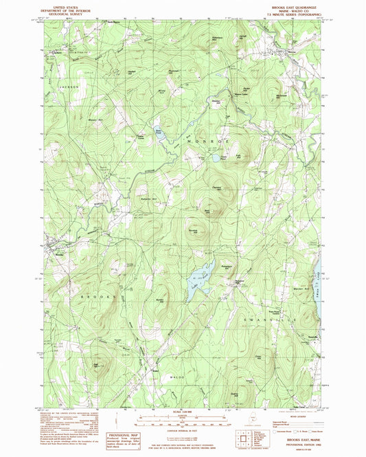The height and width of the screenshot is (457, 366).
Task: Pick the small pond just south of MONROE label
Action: coord(215,159)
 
